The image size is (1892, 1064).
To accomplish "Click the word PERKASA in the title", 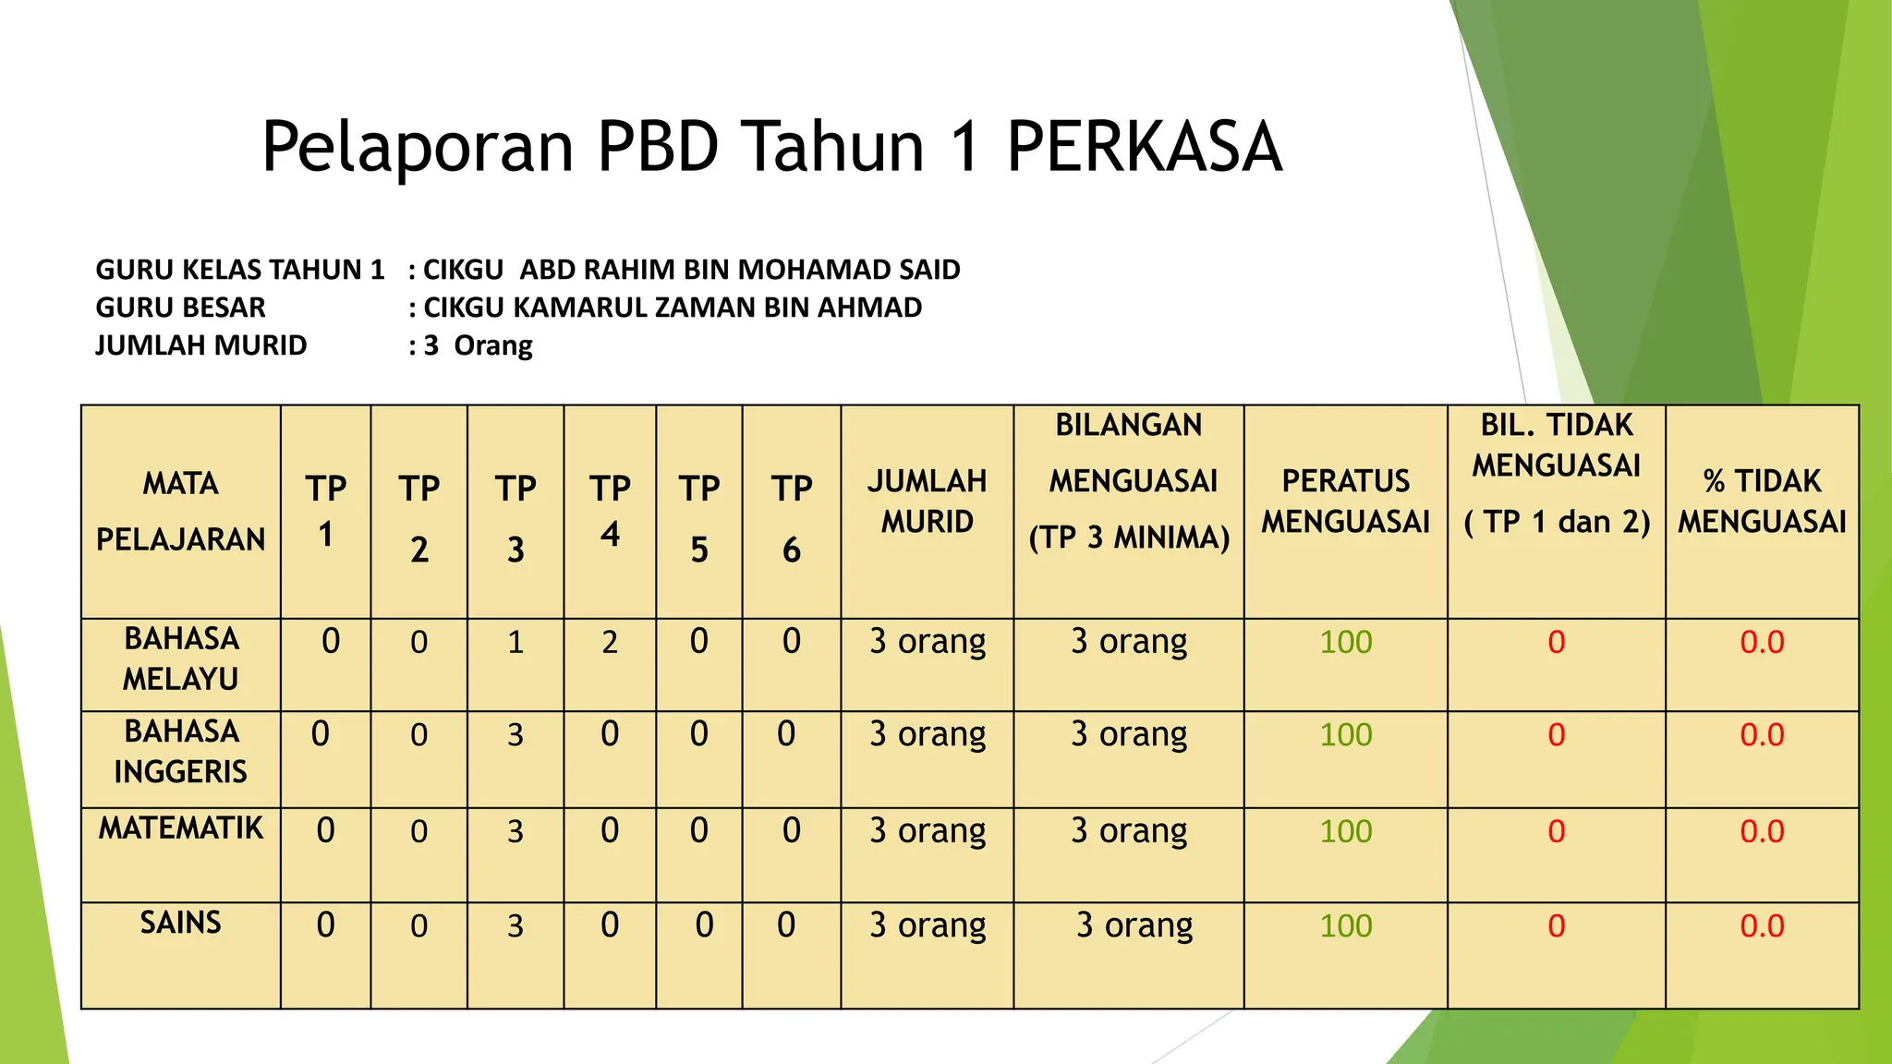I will pyautogui.click(x=1144, y=148).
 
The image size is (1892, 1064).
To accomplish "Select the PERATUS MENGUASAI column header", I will pyautogui.click(x=1345, y=502).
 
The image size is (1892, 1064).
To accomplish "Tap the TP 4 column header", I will pyautogui.click(x=610, y=511).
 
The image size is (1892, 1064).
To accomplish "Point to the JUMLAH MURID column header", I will pyautogui.click(x=927, y=502).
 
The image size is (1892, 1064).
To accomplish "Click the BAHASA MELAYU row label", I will pyautogui.click(x=181, y=659).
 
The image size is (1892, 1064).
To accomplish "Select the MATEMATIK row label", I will pyautogui.click(x=181, y=828).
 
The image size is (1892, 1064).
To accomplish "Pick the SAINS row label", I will pyautogui.click(x=181, y=923).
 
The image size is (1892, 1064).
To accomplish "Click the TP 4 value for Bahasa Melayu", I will pyautogui.click(x=610, y=642).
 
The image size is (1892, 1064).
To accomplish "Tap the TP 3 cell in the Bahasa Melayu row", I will pyautogui.click(x=515, y=642).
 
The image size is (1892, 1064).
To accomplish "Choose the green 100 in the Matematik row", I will pyautogui.click(x=1345, y=831).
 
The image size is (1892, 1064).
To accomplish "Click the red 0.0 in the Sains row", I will pyautogui.click(x=1762, y=925).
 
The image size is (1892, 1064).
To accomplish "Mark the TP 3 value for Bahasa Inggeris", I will pyautogui.click(x=515, y=735).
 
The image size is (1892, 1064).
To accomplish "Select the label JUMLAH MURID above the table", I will pyautogui.click(x=201, y=345).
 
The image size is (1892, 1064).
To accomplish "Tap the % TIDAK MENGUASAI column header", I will pyautogui.click(x=1762, y=502).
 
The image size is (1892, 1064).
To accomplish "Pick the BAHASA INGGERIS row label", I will pyautogui.click(x=181, y=751).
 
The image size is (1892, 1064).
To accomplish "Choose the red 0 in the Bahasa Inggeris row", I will pyautogui.click(x=1557, y=735).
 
